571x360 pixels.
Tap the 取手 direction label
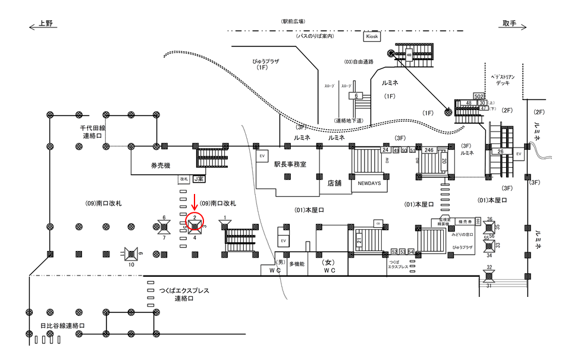[x=509, y=23]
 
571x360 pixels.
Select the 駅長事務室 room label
[x=290, y=164]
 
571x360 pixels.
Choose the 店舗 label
[x=334, y=183]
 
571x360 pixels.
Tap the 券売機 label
[x=160, y=167]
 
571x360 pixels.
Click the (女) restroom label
[x=326, y=262]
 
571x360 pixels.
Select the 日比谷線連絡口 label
[x=62, y=326]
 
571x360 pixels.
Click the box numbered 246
[x=429, y=150]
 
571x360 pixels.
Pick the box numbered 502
[x=478, y=96]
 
